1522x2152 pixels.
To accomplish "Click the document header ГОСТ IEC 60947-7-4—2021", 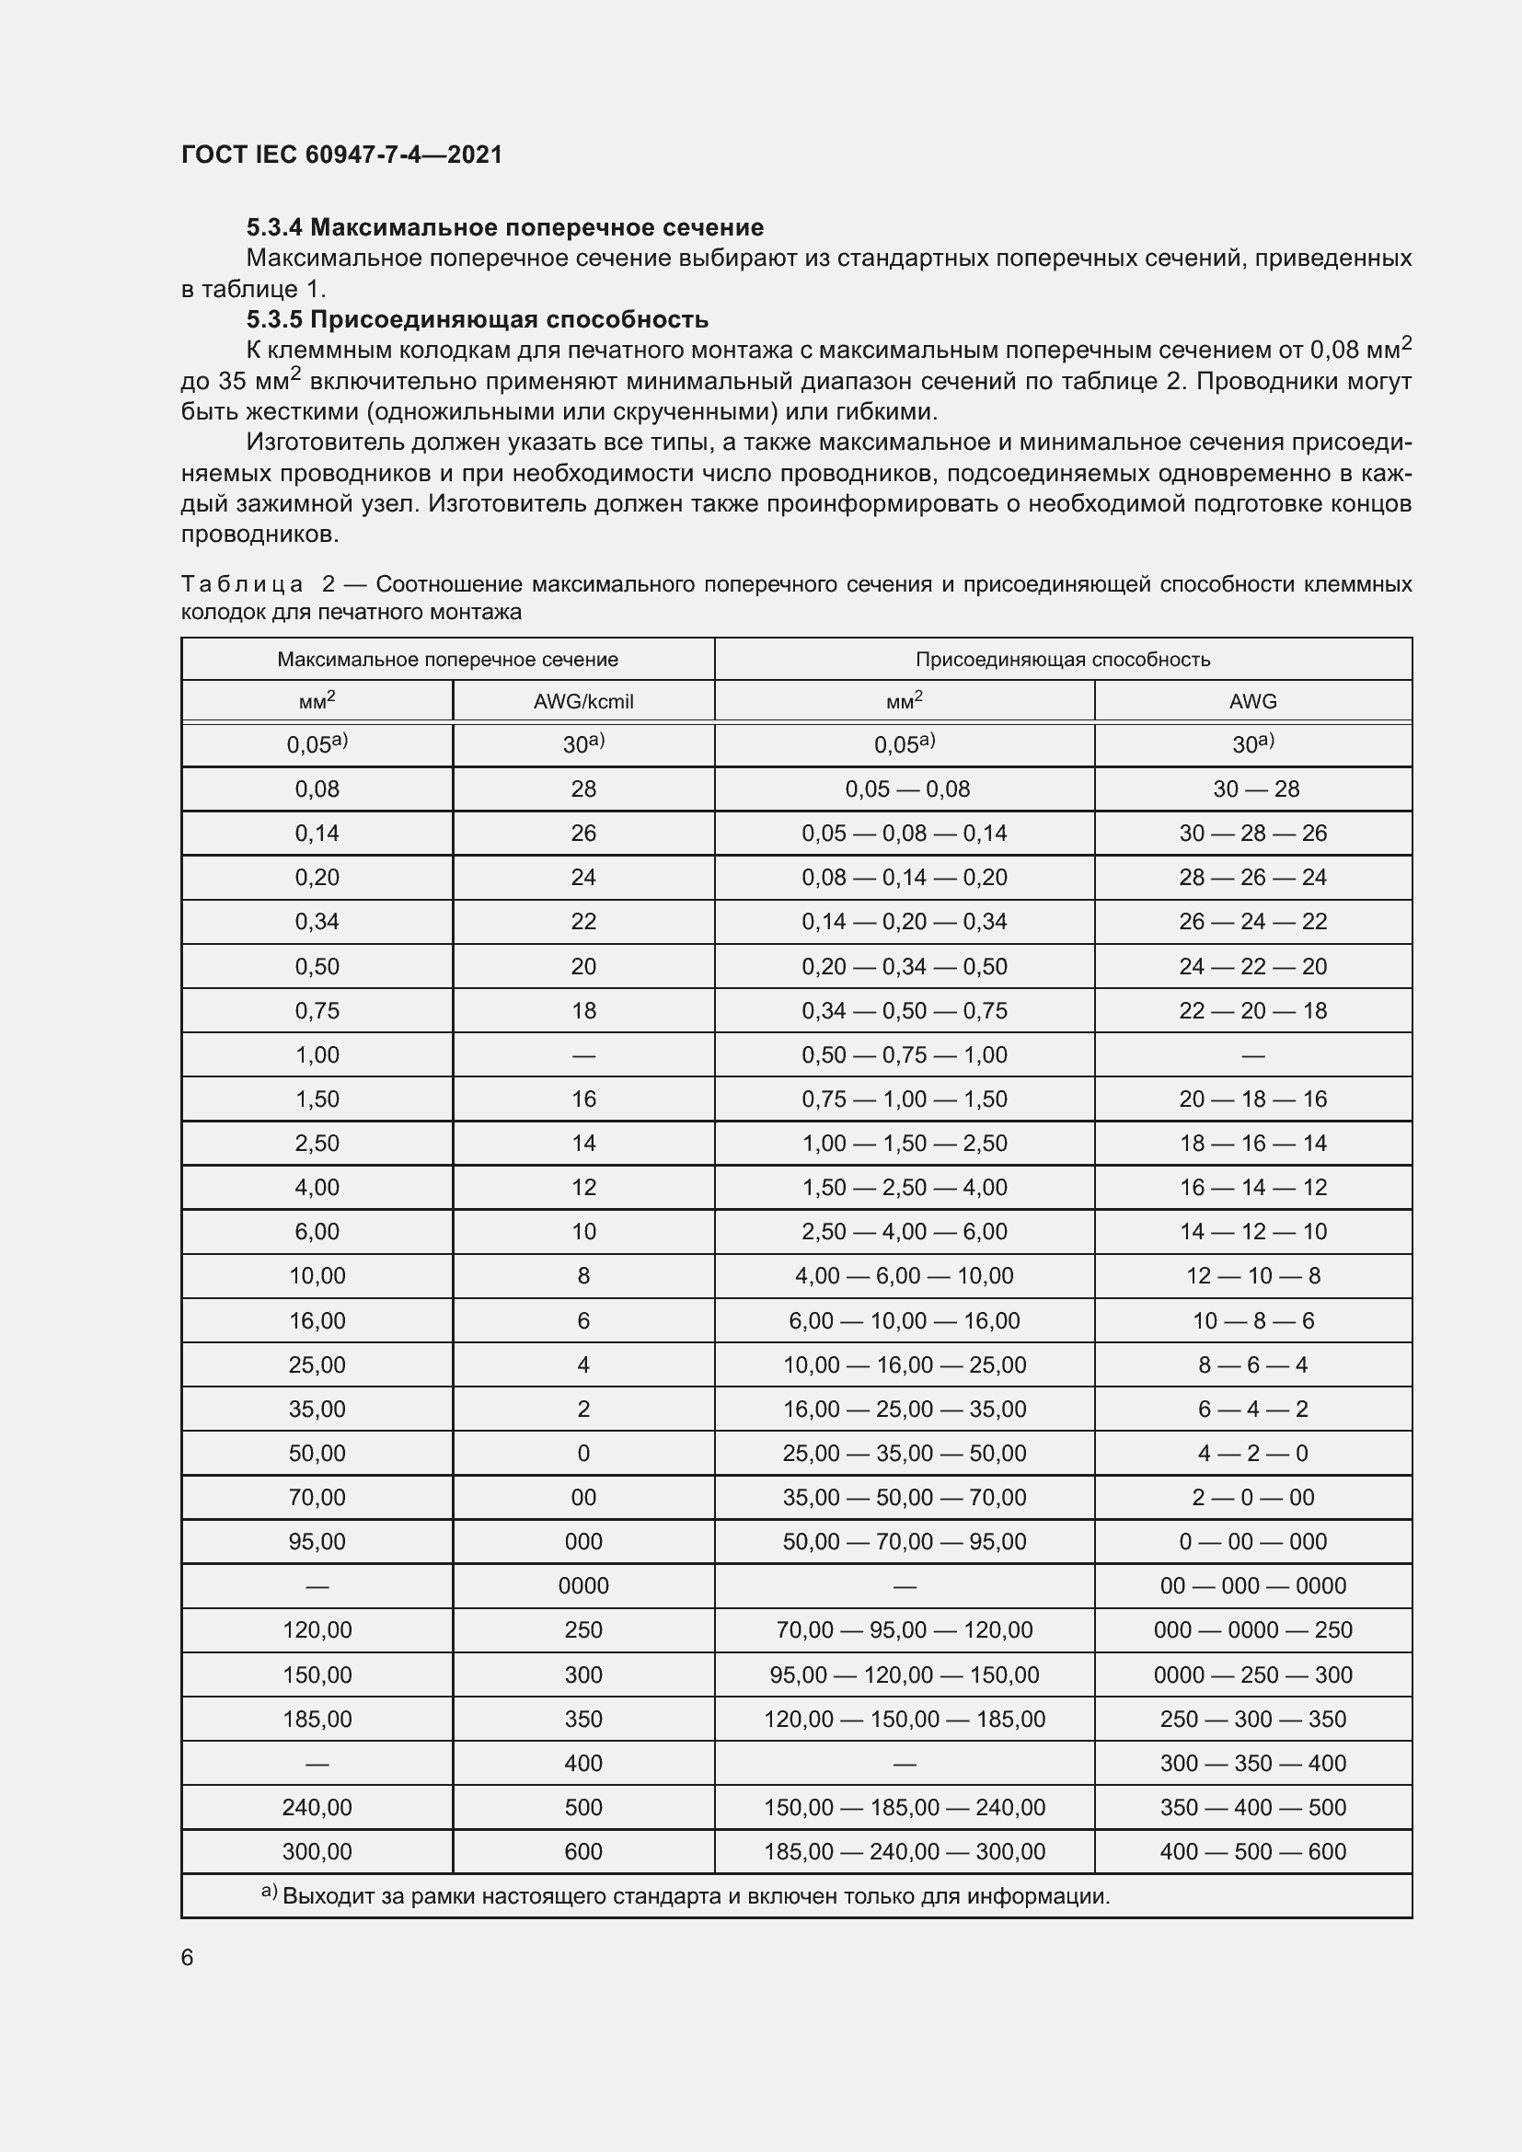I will (x=341, y=155).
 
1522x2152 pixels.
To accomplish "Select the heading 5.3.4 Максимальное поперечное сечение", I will (x=504, y=227).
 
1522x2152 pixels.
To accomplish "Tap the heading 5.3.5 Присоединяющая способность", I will (x=476, y=319).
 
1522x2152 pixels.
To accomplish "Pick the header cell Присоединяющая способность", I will (x=1062, y=659).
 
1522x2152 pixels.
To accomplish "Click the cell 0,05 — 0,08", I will (x=906, y=789).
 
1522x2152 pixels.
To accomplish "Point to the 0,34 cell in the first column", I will (x=317, y=921).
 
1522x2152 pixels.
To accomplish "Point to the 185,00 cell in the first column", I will (x=317, y=1719).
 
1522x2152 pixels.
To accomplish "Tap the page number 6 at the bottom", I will (x=188, y=1957).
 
